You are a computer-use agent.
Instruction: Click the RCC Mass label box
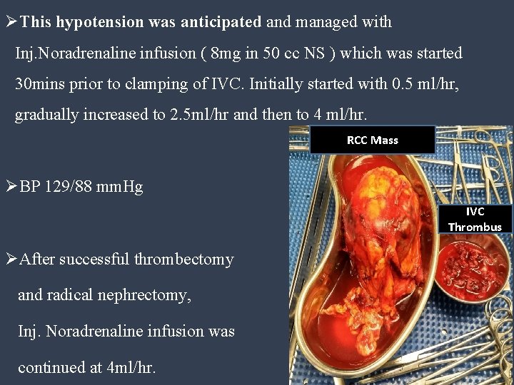[x=372, y=140]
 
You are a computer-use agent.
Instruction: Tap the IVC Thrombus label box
[x=475, y=219]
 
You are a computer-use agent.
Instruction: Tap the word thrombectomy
[x=183, y=259]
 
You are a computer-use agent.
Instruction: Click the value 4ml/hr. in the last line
[x=141, y=368]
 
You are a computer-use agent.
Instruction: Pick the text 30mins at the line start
[x=40, y=84]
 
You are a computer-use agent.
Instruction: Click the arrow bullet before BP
[x=11, y=188]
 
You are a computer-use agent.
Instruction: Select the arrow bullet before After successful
[x=11, y=259]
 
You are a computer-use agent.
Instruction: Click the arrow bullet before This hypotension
[x=11, y=22]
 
